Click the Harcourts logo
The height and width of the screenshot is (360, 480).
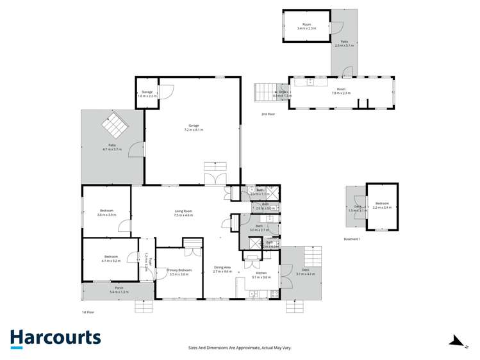click(x=55, y=338)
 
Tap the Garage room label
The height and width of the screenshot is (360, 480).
click(x=194, y=126)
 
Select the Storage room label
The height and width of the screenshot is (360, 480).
click(x=147, y=92)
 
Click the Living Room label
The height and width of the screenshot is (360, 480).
click(x=184, y=211)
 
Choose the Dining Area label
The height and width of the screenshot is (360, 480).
click(x=222, y=268)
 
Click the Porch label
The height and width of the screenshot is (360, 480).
click(x=119, y=288)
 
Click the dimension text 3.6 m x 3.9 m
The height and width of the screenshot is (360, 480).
click(x=106, y=215)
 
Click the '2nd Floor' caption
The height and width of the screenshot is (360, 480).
click(x=268, y=113)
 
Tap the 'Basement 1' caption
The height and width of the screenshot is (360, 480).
click(x=352, y=239)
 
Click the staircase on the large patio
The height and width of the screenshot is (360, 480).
click(x=115, y=126)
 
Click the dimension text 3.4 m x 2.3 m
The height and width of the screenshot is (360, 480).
click(x=307, y=28)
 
